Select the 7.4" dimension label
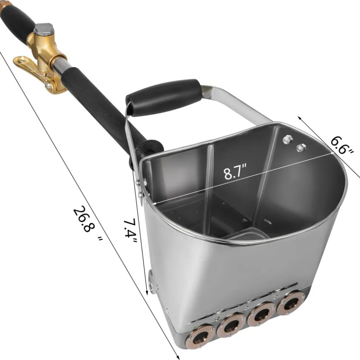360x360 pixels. point(130,231)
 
